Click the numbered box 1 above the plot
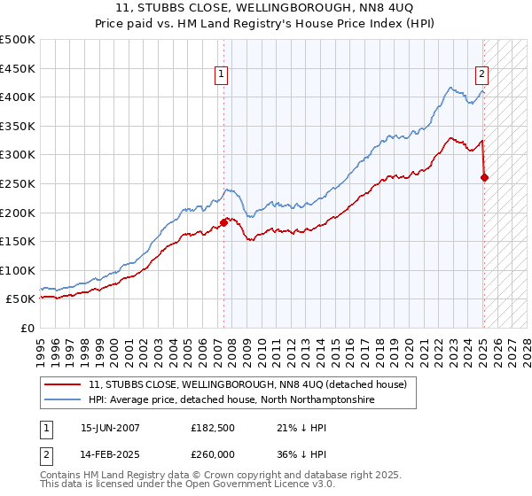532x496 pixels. (x=221, y=74)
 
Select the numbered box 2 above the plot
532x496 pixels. (x=481, y=74)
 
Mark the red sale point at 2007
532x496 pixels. (x=223, y=222)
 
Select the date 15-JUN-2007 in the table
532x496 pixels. (x=110, y=428)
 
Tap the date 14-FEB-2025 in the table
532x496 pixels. (x=110, y=454)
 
